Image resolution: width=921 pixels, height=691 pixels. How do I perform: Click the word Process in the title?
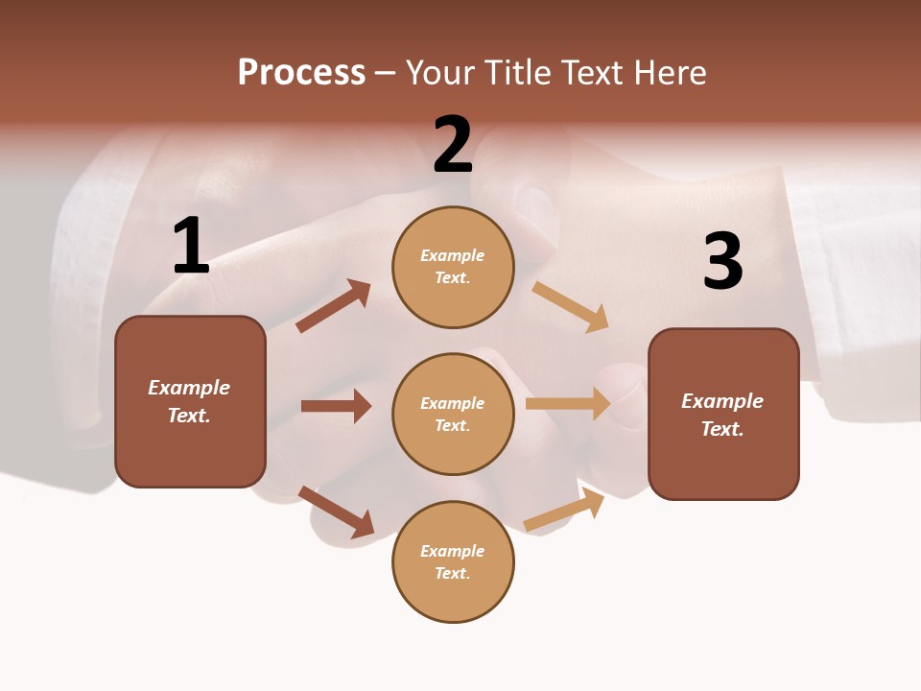pos(301,73)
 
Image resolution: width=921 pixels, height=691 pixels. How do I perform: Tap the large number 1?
pos(191,247)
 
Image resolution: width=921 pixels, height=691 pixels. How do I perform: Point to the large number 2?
pos(453,145)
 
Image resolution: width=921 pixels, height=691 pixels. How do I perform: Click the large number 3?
pos(722,261)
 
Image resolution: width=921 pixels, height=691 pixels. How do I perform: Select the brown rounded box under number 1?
pos(190,401)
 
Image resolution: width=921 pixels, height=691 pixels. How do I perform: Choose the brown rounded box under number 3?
pos(723,414)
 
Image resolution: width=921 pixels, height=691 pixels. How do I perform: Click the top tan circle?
pos(453,266)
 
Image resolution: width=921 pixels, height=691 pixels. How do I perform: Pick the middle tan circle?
pos(453,414)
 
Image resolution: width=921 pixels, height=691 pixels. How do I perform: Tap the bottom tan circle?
pos(453,561)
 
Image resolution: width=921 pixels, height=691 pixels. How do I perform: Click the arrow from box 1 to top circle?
pos(333,306)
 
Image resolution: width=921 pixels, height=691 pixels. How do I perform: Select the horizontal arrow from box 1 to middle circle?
pos(336,406)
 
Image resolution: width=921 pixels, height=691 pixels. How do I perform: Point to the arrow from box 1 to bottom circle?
pos(336,512)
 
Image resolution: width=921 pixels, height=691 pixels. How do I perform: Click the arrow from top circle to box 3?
pos(570,307)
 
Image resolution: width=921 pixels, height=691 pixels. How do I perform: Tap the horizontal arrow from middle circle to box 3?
pos(568,404)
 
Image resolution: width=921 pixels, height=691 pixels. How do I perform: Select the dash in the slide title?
pos(386,73)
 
